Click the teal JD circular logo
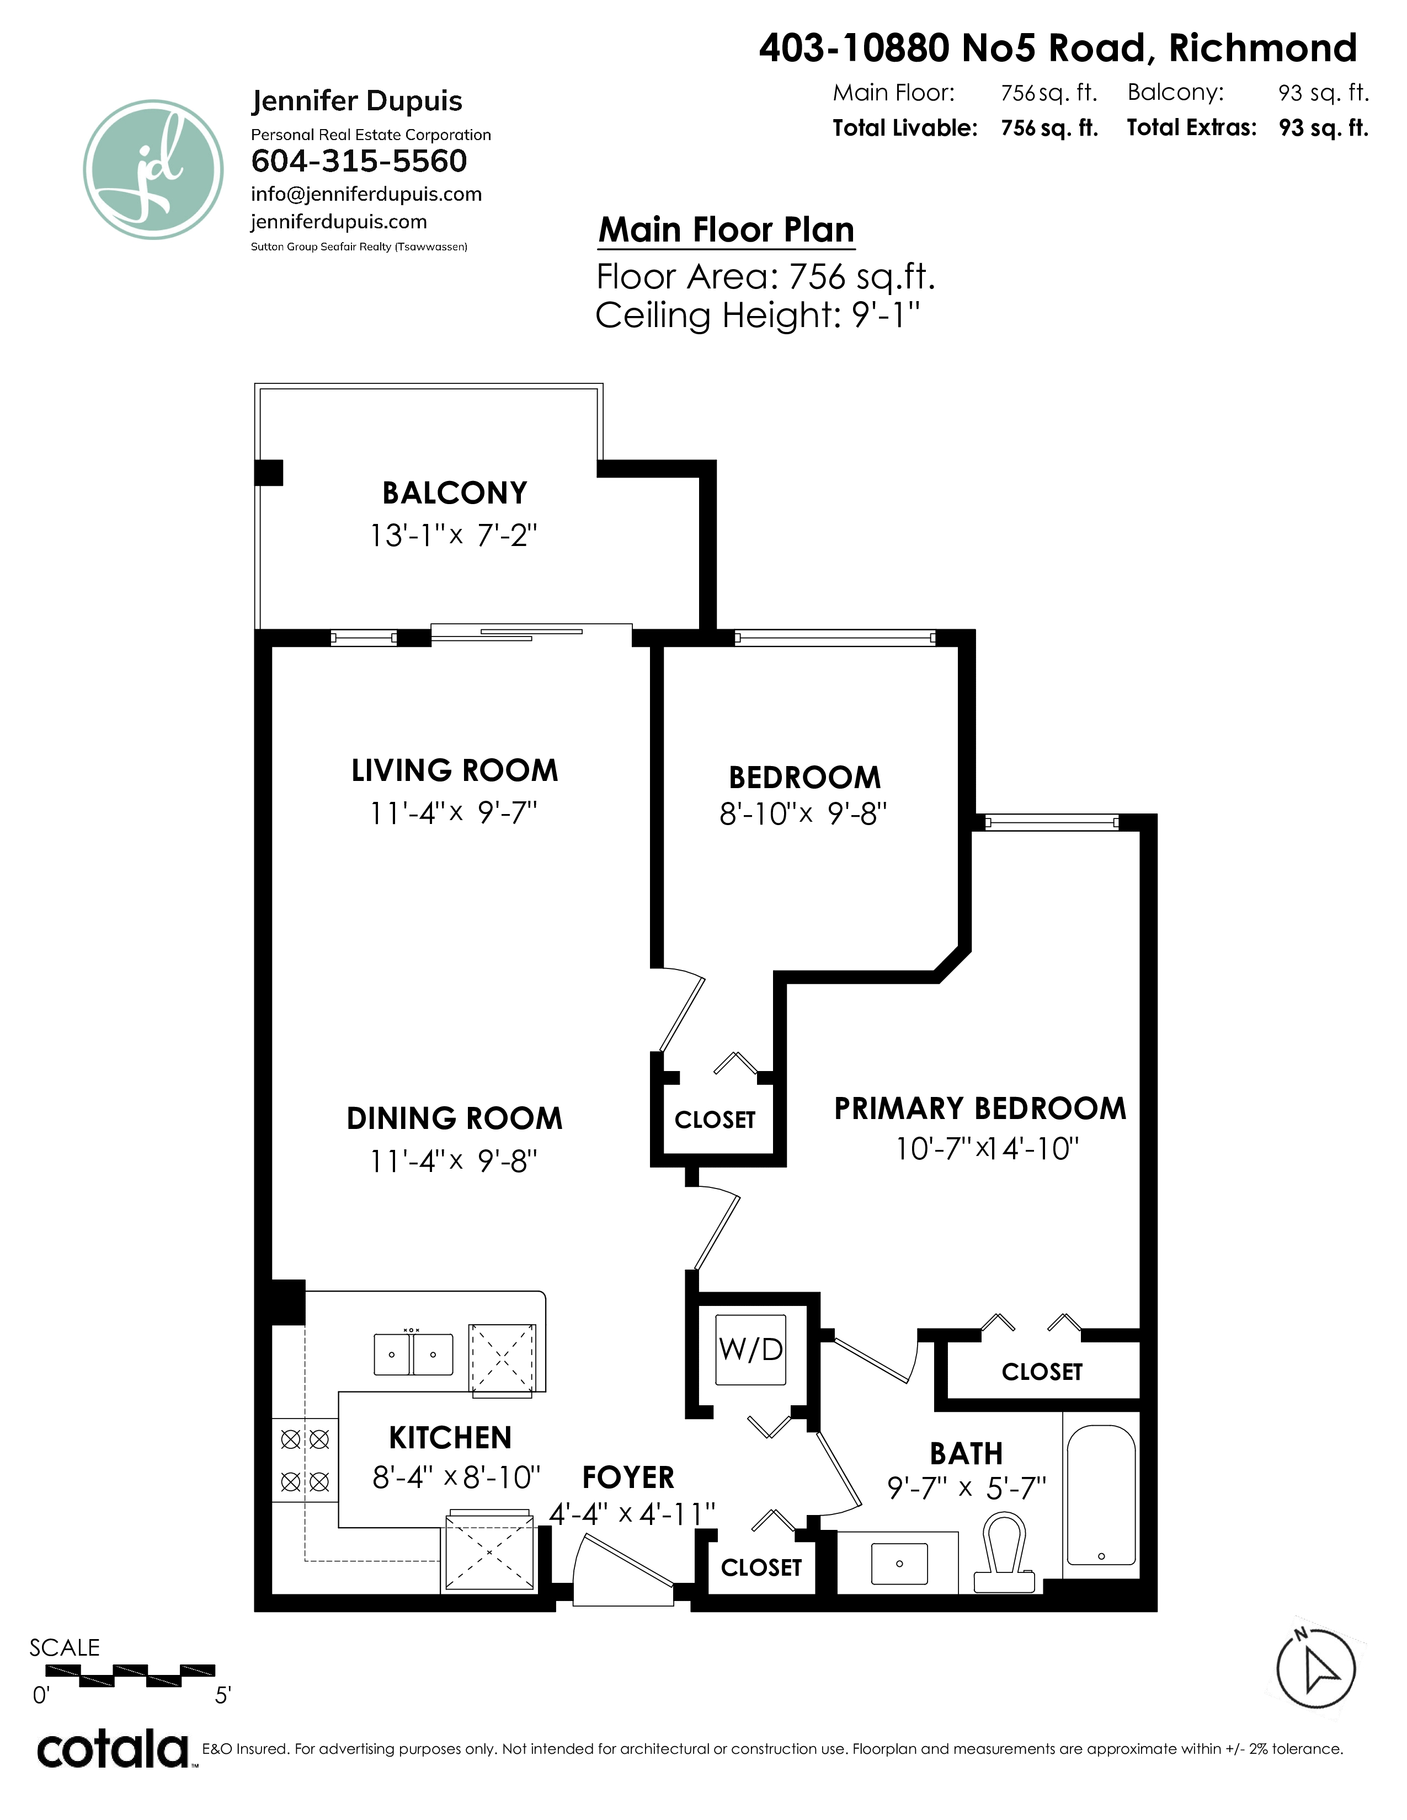click(x=153, y=170)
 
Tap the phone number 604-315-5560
click(x=359, y=161)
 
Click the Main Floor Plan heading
click(x=727, y=229)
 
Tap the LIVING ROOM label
click(x=454, y=770)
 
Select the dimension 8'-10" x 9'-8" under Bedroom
click(x=803, y=813)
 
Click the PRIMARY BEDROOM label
click(x=980, y=1109)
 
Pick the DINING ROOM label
click(x=454, y=1118)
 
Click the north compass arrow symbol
click(x=1317, y=1669)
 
